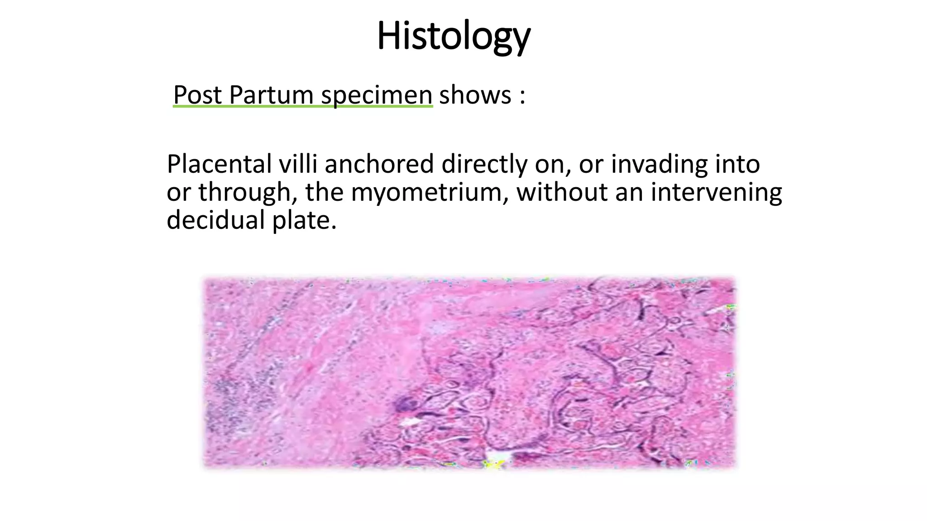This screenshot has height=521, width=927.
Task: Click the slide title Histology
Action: point(453,36)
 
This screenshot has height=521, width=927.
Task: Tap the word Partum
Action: point(271,95)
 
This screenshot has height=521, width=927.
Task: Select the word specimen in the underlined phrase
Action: point(377,95)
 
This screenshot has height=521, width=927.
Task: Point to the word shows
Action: point(475,95)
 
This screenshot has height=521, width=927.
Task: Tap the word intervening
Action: point(716,192)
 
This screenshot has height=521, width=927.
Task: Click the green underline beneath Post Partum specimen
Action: point(302,106)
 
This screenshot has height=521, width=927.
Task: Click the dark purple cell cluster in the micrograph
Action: point(406,403)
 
